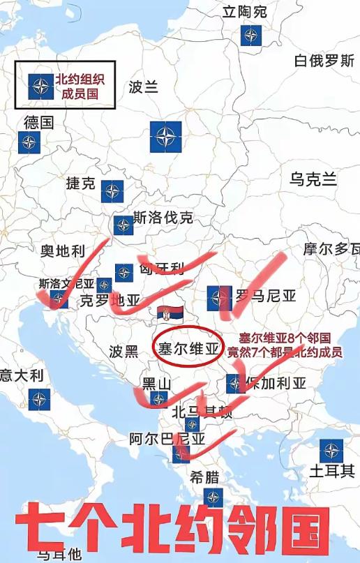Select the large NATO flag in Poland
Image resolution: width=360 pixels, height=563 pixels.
click(x=165, y=136)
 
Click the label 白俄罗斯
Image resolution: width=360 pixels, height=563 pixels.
click(x=324, y=61)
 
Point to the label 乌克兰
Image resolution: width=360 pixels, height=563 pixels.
click(x=313, y=179)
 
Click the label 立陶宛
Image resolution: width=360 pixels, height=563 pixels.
click(x=244, y=12)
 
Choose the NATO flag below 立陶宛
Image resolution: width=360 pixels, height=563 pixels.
click(x=251, y=36)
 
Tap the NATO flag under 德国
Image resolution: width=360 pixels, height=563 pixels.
click(x=29, y=143)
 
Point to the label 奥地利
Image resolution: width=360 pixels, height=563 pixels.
click(x=62, y=251)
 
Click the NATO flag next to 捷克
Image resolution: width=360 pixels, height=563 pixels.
click(x=112, y=191)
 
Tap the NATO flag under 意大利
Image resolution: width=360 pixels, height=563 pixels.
click(x=39, y=399)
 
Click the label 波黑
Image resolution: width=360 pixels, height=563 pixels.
click(x=123, y=352)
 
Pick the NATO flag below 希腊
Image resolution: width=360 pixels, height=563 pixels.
click(x=213, y=497)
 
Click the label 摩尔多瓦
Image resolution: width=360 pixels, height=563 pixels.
click(x=331, y=249)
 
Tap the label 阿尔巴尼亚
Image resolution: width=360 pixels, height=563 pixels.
click(x=167, y=440)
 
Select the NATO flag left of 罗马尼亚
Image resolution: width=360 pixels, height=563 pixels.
click(x=219, y=298)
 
